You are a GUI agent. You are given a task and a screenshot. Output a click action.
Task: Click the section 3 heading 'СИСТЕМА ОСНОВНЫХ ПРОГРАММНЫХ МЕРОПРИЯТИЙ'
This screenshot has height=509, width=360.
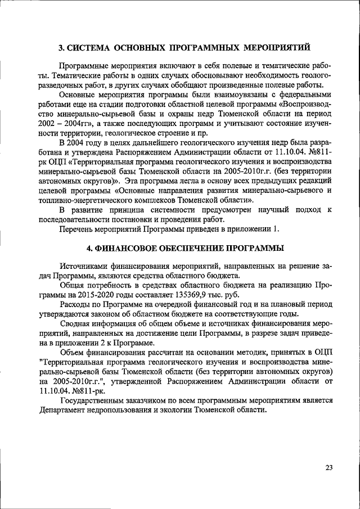185,47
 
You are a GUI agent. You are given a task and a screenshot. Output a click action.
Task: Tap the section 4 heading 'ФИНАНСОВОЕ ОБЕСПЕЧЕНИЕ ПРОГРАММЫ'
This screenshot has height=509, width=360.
185,248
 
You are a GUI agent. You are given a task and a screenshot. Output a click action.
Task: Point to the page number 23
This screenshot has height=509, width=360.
328,468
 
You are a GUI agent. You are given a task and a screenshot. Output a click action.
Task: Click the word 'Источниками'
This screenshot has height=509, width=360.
83,265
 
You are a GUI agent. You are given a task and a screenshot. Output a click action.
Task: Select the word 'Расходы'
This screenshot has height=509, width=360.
76,304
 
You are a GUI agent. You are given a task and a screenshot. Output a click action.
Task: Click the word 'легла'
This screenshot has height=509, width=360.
192,181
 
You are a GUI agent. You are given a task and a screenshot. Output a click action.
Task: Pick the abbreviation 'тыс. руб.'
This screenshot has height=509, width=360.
220,294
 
